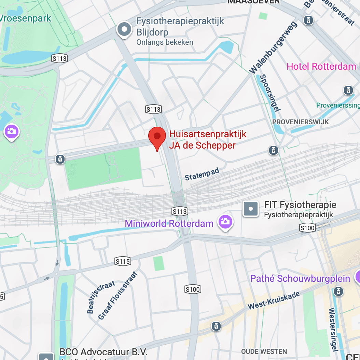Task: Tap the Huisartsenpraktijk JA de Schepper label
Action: pyautogui.click(x=208, y=140)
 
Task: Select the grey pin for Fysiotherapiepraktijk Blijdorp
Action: pyautogui.click(x=124, y=29)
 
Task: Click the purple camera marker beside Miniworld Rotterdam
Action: pyautogui.click(x=225, y=222)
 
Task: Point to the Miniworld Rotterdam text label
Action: pyautogui.click(x=169, y=224)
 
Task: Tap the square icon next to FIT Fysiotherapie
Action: pyautogui.click(x=251, y=209)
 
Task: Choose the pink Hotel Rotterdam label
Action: pyautogui.click(x=321, y=66)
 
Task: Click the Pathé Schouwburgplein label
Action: pyautogui.click(x=300, y=278)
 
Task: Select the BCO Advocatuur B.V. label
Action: pyautogui.click(x=103, y=352)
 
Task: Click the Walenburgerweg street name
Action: pyautogui.click(x=273, y=47)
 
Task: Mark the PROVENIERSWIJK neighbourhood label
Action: pyautogui.click(x=300, y=122)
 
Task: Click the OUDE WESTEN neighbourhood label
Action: pyautogui.click(x=264, y=351)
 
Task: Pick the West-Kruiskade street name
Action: pyautogui.click(x=274, y=300)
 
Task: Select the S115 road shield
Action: pyautogui.click(x=123, y=262)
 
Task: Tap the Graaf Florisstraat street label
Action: pyautogui.click(x=118, y=296)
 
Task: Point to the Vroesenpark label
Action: pyautogui.click(x=25, y=18)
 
